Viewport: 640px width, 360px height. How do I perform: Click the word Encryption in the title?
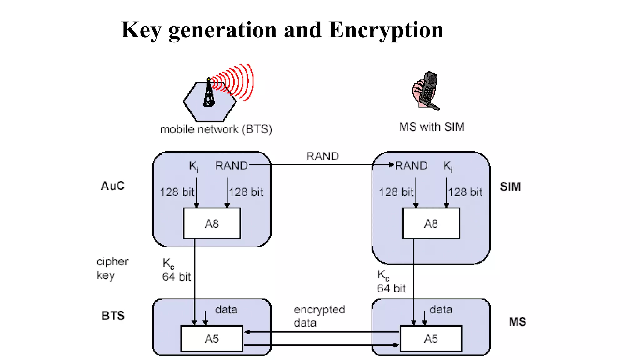coord(386,30)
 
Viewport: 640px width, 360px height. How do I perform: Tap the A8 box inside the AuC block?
coord(212,223)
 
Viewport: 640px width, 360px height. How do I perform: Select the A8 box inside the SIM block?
coord(431,223)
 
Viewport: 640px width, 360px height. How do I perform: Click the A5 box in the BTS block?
coord(212,339)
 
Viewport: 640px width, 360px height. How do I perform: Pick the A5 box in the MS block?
coord(431,339)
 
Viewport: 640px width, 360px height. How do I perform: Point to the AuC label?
coord(113,186)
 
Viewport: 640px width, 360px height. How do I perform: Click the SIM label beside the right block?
coord(510,187)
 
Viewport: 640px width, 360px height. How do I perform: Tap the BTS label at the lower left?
coord(113,316)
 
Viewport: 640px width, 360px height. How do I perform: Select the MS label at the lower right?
coord(517,322)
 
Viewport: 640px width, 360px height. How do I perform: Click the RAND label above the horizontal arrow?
coord(322,156)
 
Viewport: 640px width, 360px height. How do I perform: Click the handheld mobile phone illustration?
coord(427,91)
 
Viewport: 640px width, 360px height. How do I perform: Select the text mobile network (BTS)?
coord(216,129)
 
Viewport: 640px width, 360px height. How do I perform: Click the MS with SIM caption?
coord(432,127)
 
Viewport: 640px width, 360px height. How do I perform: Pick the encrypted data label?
coord(319,316)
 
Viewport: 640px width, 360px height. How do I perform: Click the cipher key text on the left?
coord(112,268)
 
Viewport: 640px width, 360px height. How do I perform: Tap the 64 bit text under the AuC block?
coord(176,277)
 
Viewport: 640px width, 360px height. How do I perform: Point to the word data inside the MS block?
coord(441,310)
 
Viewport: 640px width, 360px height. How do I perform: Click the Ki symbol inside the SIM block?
coord(447,166)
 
